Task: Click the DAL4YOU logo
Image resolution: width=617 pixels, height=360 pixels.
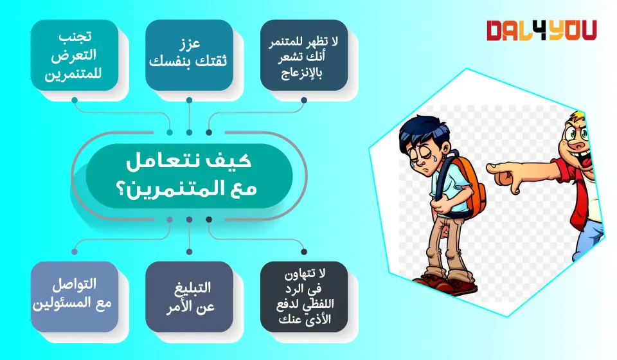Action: coord(541,30)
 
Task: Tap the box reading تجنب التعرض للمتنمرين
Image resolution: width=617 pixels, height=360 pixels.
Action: coord(75,55)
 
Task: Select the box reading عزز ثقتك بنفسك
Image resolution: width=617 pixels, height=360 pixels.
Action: coord(189,55)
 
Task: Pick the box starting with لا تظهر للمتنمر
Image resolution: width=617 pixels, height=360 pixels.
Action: coord(304,55)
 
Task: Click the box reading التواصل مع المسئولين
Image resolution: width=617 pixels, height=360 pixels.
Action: coord(75,296)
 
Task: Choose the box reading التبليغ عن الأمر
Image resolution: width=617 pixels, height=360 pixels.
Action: coord(189,296)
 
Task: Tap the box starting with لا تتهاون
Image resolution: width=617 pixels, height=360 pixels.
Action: coord(304,296)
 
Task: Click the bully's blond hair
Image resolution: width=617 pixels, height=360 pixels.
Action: coord(578,117)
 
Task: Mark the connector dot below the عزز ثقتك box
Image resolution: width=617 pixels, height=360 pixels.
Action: coord(189,100)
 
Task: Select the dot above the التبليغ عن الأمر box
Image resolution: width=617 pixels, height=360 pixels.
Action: coord(189,252)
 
